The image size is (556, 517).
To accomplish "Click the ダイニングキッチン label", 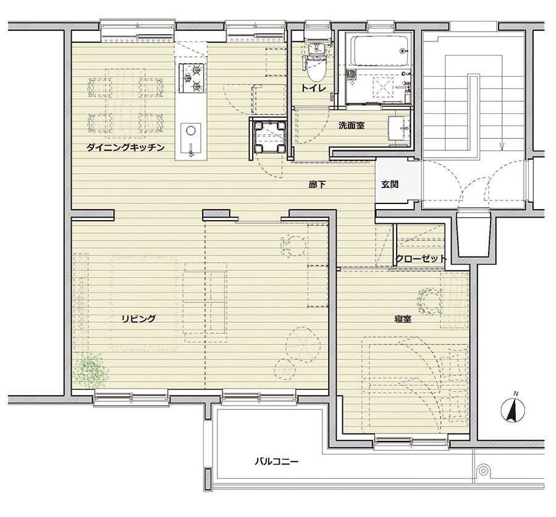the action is tap(125, 147).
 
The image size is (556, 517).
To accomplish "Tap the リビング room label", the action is tap(138, 318).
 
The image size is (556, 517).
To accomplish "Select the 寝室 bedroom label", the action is tap(403, 319).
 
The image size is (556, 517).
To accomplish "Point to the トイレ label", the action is tap(313, 88).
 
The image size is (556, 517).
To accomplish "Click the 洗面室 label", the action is tap(351, 126).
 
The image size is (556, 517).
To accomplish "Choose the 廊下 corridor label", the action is tap(317, 184).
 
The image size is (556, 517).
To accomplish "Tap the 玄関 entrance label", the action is tap(390, 184).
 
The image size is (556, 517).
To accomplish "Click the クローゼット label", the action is tap(421, 258).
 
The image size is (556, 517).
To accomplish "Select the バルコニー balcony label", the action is tap(277, 461).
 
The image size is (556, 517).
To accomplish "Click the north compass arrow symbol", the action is tap(512, 409).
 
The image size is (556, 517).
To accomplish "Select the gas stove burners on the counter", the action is tap(192, 78).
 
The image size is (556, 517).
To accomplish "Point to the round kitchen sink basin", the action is tap(191, 130).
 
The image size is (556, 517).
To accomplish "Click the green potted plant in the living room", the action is tap(91, 371).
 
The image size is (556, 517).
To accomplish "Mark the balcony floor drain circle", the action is tap(483, 471).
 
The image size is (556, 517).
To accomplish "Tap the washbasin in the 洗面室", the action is tap(399, 128).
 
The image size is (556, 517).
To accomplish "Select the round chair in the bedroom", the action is tap(430, 301).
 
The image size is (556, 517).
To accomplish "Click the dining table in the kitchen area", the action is tap(125, 103).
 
